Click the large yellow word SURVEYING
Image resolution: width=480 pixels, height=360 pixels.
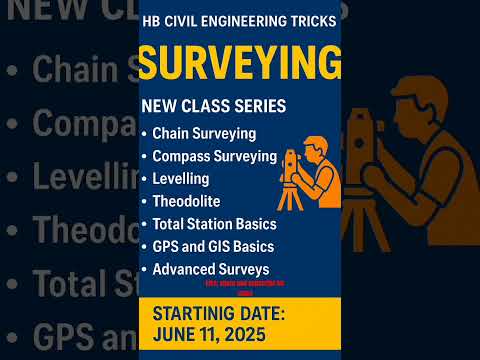coord(239,63)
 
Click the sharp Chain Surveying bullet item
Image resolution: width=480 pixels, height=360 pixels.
coord(204,133)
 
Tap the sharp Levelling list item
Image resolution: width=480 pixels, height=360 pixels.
coord(180,179)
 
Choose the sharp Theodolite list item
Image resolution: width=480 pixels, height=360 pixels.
coord(186,201)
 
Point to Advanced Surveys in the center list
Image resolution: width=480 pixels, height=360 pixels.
coord(210,269)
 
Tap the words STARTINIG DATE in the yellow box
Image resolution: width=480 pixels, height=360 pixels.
coord(220,314)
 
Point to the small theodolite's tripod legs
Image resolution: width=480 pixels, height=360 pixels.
coord(289,194)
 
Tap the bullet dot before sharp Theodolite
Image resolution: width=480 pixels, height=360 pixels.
coord(145,202)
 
